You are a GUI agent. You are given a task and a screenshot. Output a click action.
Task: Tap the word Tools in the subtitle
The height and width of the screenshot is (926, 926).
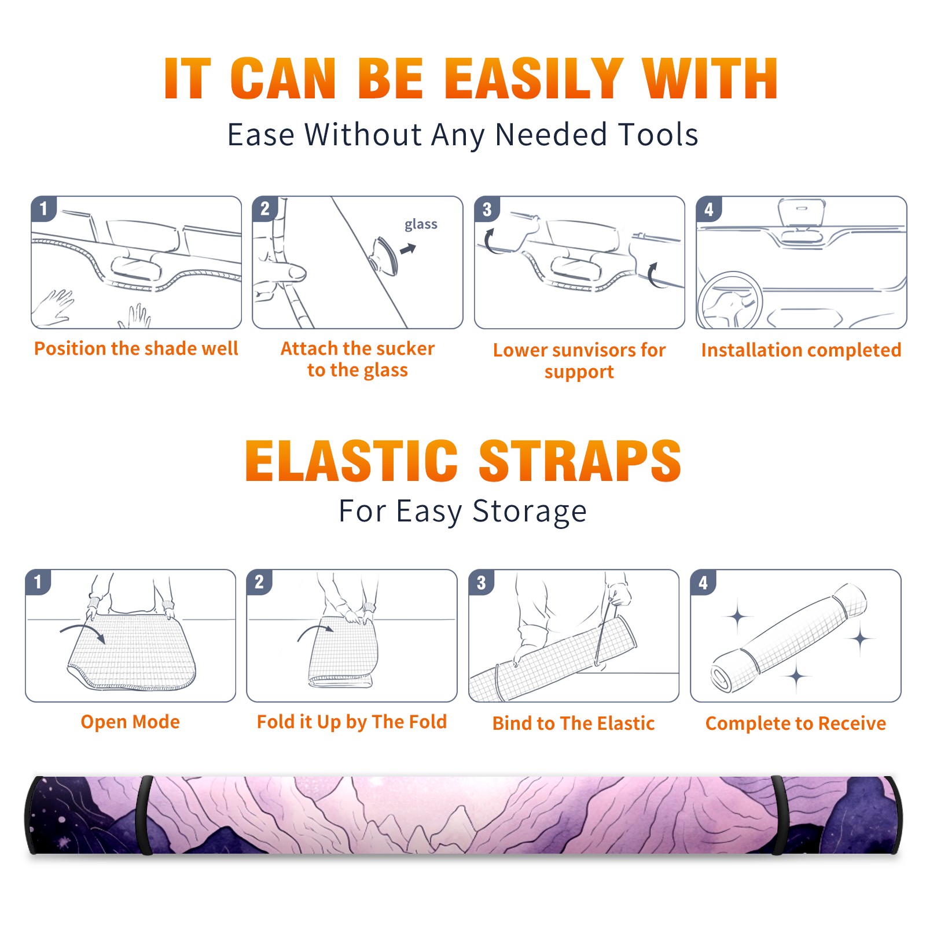click(658, 134)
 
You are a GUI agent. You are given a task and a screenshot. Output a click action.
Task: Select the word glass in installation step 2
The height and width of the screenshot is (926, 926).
click(421, 225)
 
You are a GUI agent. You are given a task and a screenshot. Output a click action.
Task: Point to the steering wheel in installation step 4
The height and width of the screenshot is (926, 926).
click(729, 301)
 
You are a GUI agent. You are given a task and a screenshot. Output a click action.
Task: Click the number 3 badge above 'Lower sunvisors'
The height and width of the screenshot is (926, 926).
click(486, 209)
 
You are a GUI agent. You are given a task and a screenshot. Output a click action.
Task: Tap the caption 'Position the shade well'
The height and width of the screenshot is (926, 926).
click(136, 348)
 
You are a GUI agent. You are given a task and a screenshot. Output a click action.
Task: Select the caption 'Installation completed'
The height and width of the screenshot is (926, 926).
click(801, 350)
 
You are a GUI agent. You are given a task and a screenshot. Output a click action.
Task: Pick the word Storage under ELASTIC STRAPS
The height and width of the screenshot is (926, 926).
click(530, 512)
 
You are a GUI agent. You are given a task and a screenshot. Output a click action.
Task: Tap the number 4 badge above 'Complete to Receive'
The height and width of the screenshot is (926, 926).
click(703, 582)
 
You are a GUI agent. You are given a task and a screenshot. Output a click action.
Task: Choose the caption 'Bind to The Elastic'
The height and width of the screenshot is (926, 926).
click(573, 723)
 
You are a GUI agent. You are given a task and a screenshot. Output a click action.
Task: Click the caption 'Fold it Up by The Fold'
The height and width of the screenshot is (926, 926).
click(352, 722)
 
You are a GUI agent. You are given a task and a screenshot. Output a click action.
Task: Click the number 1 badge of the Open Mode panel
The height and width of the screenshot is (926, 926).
click(38, 582)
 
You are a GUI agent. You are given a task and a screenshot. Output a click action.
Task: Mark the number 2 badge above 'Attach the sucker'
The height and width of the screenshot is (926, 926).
click(264, 209)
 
